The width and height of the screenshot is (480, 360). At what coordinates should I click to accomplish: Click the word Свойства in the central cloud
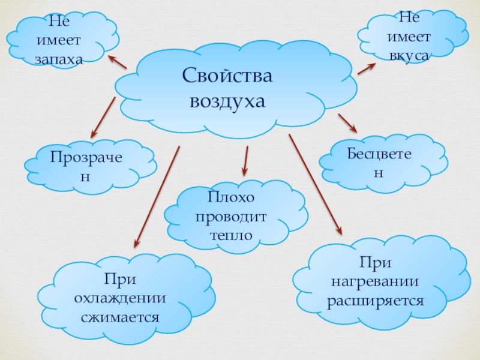[x=227, y=76]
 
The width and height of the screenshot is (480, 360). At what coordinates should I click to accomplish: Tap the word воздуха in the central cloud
[x=227, y=101]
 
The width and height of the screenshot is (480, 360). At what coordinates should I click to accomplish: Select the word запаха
[x=58, y=59]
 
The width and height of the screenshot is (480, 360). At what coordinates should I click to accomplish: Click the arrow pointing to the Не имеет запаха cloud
[x=118, y=62]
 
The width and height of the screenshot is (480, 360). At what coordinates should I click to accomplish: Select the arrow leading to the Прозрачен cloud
[x=103, y=117]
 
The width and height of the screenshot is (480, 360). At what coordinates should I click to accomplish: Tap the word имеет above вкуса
[x=409, y=37]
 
